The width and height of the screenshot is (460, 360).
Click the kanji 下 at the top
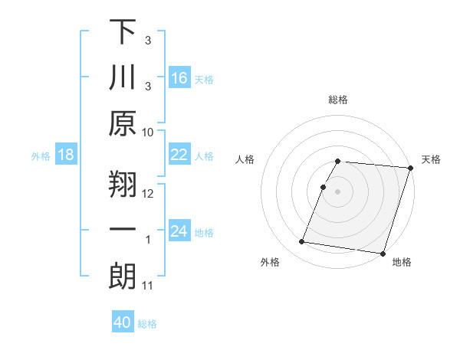[122, 33]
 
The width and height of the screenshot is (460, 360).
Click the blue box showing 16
[179, 78]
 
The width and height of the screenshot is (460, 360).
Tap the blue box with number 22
[179, 155]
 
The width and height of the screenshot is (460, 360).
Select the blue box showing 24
[179, 232]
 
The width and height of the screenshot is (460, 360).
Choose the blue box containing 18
[65, 155]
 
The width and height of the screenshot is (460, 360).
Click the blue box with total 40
[123, 323]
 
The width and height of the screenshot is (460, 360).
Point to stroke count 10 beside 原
[148, 132]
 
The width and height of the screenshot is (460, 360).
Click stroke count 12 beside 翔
[148, 194]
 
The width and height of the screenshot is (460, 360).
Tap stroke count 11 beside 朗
[148, 286]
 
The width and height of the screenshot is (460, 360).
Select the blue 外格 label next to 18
[41, 156]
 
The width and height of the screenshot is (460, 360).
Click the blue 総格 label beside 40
[147, 324]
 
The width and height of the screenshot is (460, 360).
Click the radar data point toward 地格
[383, 253]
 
